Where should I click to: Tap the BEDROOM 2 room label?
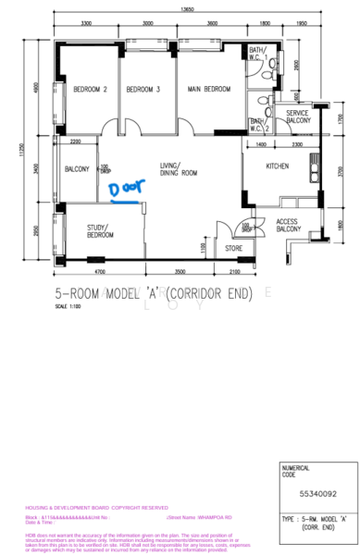(91, 90)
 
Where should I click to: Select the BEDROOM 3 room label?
(143, 90)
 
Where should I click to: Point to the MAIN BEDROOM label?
(208, 90)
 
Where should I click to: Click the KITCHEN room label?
(278, 166)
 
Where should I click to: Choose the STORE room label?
(233, 248)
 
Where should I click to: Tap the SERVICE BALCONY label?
(297, 117)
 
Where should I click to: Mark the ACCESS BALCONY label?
(287, 226)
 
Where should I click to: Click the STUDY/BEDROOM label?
(101, 231)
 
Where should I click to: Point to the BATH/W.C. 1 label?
(257, 54)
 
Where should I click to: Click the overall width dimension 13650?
(188, 10)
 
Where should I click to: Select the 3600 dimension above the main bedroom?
(212, 23)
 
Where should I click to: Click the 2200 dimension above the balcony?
(75, 142)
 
